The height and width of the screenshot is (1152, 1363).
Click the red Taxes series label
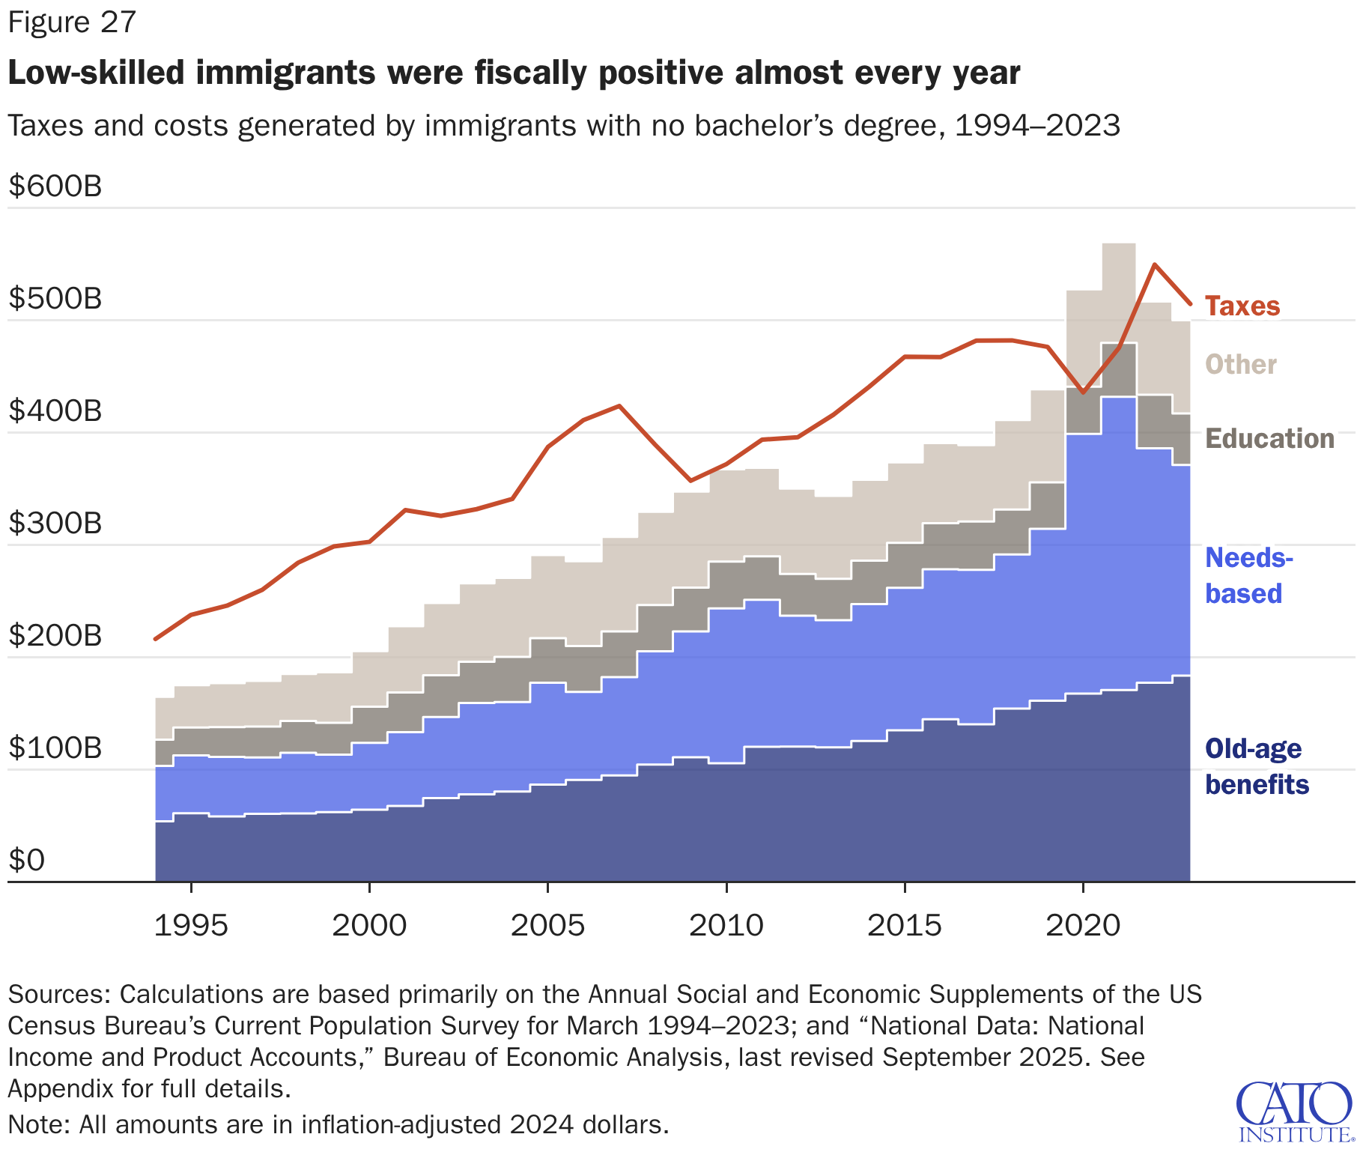tap(1242, 306)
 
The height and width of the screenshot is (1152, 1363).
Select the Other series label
tap(1240, 365)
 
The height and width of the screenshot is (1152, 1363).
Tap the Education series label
tap(1269, 439)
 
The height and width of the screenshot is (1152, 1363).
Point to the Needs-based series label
tap(1248, 575)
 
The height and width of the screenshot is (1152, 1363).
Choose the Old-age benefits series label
tap(1257, 766)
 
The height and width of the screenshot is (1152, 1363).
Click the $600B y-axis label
tap(55, 186)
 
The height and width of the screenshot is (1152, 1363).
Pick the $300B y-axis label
tap(55, 523)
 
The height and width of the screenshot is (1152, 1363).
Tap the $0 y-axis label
tap(27, 860)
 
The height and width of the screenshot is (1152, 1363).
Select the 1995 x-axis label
tap(190, 926)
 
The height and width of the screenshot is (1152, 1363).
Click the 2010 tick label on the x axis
tap(726, 926)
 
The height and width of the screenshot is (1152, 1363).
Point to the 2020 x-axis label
tap(1083, 926)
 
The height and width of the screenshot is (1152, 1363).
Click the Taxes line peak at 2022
tap(1155, 264)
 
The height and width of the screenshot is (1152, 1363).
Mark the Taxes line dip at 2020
tap(1083, 392)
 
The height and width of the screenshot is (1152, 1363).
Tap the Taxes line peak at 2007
tap(619, 406)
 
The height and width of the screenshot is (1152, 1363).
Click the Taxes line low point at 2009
tap(690, 480)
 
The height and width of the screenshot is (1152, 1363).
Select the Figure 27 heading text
tap(72, 22)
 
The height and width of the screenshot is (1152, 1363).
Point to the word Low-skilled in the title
tap(96, 73)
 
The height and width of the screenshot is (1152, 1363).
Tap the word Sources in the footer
tap(59, 994)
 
